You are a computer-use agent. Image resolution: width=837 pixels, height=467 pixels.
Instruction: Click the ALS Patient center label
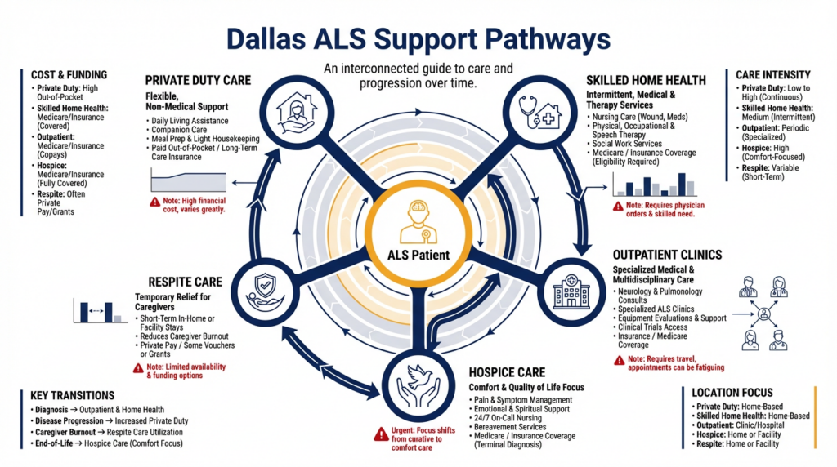(x=418, y=255)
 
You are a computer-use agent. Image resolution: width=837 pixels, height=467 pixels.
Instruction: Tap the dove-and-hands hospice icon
(x=419, y=385)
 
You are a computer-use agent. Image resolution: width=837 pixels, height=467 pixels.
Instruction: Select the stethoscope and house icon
(x=539, y=112)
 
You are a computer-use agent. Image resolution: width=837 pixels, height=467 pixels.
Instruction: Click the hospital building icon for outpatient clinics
(x=571, y=291)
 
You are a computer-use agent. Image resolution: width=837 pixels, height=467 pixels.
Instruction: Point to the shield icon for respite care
(x=266, y=292)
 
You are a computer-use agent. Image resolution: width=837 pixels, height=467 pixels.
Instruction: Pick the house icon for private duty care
(x=297, y=113)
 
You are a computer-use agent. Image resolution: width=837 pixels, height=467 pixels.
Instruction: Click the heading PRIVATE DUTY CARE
(x=198, y=81)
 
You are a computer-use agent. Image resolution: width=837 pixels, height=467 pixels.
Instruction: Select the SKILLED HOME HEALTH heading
(x=646, y=81)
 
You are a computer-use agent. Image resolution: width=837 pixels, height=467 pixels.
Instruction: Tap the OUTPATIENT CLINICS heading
(x=667, y=255)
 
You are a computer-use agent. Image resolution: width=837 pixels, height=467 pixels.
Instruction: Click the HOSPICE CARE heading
(x=507, y=372)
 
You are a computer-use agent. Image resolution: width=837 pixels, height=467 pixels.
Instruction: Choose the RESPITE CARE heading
(x=186, y=282)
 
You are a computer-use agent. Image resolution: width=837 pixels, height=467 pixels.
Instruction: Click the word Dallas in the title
(x=266, y=39)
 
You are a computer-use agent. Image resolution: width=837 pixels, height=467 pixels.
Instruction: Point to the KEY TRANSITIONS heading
(x=73, y=396)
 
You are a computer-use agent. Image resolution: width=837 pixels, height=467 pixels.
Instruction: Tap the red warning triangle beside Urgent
(x=381, y=434)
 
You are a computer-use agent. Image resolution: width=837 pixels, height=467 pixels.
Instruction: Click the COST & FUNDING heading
(x=69, y=75)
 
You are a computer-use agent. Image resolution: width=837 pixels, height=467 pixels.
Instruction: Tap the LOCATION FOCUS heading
(x=732, y=393)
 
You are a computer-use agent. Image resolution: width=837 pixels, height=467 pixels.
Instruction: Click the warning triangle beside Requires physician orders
(x=618, y=207)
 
